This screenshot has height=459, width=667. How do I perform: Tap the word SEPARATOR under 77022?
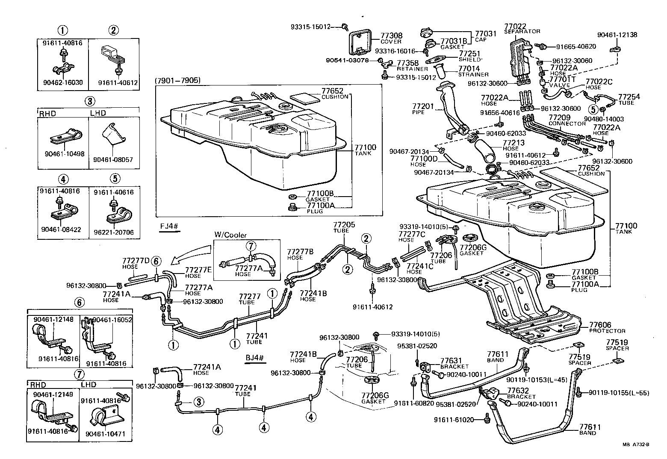522,31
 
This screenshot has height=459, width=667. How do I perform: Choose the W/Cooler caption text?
230,235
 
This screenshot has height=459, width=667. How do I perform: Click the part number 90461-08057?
113,159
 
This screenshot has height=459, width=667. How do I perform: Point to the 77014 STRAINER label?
473,71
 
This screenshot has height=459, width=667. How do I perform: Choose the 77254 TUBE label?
629,100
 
